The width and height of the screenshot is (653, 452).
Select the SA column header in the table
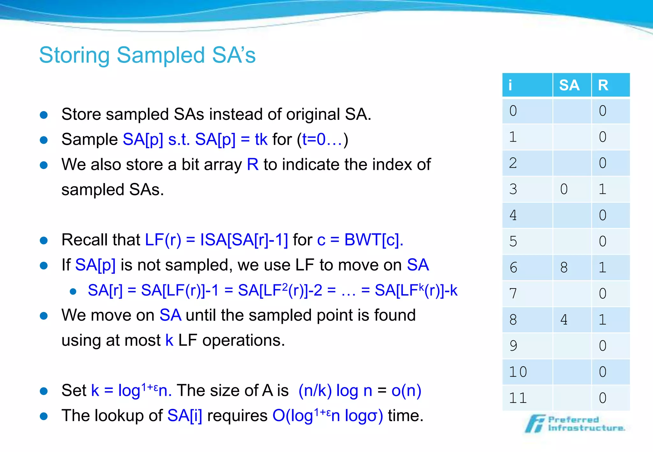(569, 85)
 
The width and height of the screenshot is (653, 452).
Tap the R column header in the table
(603, 85)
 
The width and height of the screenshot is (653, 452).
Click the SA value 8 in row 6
(564, 267)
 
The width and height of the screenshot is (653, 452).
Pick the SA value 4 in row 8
(564, 320)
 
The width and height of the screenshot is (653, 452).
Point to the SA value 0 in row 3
(564, 189)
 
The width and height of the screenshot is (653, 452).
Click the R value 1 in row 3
(602, 189)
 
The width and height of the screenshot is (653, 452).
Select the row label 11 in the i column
(517, 398)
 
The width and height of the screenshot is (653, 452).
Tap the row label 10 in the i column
(517, 372)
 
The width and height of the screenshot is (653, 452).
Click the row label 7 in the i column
(513, 294)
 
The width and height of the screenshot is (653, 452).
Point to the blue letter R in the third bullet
(253, 165)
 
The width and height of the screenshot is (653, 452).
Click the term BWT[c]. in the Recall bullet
(374, 240)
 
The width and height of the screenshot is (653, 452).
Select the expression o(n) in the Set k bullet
(406, 391)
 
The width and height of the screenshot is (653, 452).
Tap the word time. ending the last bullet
(405, 416)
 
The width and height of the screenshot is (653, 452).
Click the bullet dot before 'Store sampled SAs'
(44, 115)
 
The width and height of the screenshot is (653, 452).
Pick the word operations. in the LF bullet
(244, 340)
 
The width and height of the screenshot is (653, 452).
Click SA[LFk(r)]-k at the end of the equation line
(416, 290)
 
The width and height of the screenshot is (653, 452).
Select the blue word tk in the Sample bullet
(261, 140)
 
